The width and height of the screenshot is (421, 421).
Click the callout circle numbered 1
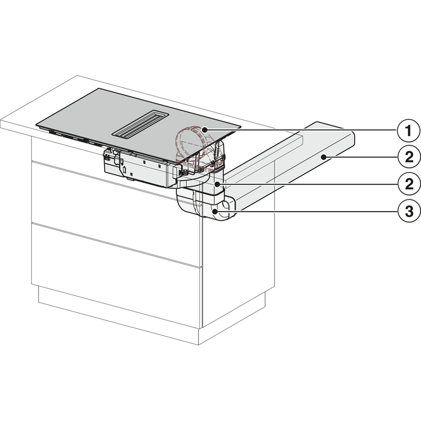(408, 131)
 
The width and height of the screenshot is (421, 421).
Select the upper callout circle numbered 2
(409, 157)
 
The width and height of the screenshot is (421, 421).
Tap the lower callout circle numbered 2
(409, 184)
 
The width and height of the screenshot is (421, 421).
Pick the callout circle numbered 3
(409, 212)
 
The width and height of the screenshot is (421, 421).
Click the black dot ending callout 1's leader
(205, 130)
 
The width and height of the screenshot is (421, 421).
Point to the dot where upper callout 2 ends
(325, 157)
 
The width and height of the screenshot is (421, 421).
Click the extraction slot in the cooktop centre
(140, 124)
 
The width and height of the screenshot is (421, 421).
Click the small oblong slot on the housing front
(125, 170)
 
